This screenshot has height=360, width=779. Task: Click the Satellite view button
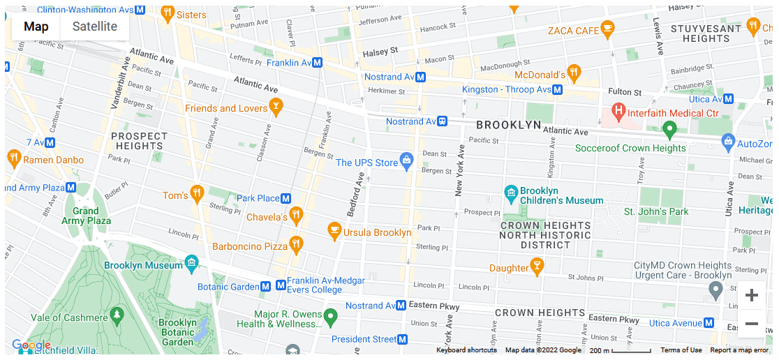click(x=95, y=27)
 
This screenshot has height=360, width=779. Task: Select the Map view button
click(x=36, y=27)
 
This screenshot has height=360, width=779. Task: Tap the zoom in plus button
click(x=752, y=295)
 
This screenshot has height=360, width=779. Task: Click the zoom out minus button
click(x=752, y=324)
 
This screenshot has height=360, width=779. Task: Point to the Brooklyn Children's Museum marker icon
click(x=511, y=192)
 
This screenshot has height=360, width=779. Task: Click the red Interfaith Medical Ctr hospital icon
click(x=618, y=110)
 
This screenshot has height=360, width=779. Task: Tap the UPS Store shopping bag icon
click(x=406, y=161)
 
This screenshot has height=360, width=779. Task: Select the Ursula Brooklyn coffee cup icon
click(x=334, y=230)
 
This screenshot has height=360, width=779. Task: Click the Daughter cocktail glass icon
click(x=537, y=265)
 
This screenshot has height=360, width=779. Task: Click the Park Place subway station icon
click(x=285, y=198)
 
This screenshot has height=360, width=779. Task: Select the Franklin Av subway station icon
click(x=317, y=63)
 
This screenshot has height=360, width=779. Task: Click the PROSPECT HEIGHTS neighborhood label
click(x=139, y=141)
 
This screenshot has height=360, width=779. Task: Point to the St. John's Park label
click(x=656, y=211)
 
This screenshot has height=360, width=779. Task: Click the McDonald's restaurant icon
click(x=573, y=72)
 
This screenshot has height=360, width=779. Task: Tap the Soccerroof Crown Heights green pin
click(x=669, y=129)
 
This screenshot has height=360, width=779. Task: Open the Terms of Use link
click(x=681, y=350)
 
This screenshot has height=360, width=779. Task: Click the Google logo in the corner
click(x=31, y=345)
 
